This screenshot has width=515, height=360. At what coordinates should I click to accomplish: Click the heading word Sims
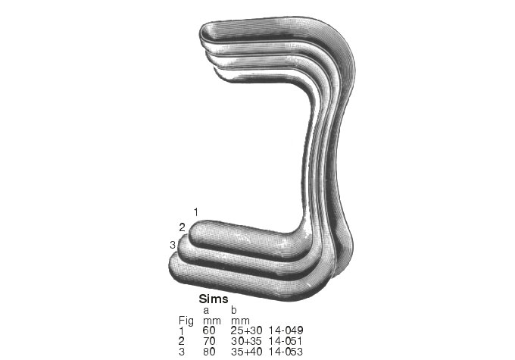[213, 299]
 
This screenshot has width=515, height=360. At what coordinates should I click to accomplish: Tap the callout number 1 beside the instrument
[196, 210]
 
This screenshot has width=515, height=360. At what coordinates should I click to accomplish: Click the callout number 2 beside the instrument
[182, 227]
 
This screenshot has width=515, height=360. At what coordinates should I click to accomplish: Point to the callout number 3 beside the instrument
[173, 243]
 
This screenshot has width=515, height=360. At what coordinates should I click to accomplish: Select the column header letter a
[206, 310]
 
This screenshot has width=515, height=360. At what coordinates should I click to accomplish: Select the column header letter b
[233, 310]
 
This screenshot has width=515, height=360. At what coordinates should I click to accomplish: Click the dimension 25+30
[245, 331]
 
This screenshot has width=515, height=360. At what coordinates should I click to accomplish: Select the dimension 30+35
[245, 342]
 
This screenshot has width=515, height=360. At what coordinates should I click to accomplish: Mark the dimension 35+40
[245, 352]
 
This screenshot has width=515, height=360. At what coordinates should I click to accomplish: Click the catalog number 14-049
[286, 331]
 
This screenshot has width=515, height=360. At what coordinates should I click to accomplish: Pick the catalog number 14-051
[286, 342]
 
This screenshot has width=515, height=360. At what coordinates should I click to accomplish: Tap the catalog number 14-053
[286, 352]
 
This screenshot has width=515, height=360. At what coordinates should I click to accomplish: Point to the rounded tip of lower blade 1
[195, 233]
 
